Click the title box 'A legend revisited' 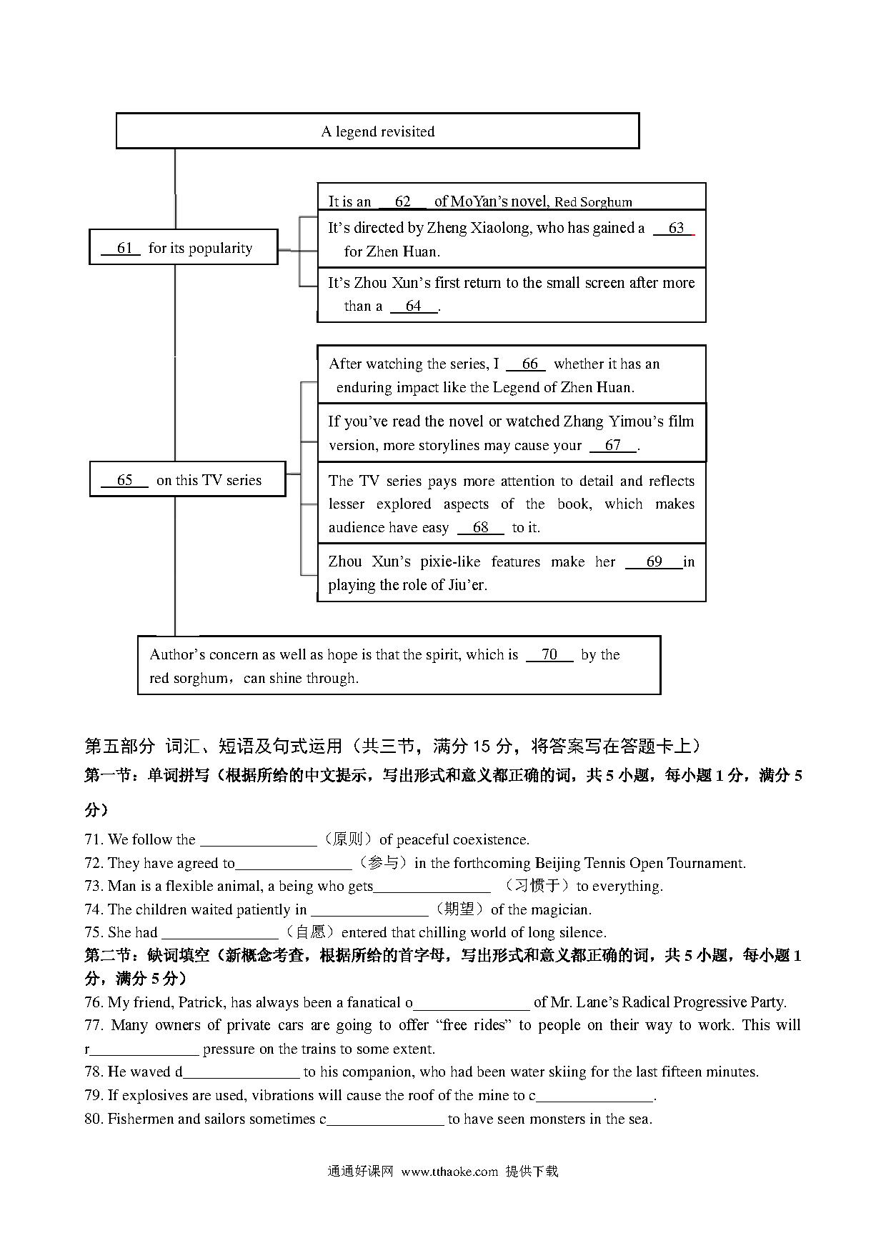pyautogui.click(x=377, y=131)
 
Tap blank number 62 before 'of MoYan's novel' pyautogui.click(x=402, y=201)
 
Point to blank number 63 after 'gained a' pyautogui.click(x=675, y=228)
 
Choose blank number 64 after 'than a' pyautogui.click(x=413, y=306)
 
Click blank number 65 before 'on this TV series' pyautogui.click(x=124, y=480)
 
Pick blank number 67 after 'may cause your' pyautogui.click(x=612, y=445)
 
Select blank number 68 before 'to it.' pyautogui.click(x=480, y=527)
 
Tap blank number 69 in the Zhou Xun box pyautogui.click(x=654, y=561)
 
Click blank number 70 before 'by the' pyautogui.click(x=549, y=654)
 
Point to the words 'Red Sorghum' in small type pyautogui.click(x=593, y=202)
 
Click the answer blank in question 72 pyautogui.click(x=293, y=863)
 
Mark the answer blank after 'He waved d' pyautogui.click(x=241, y=1072)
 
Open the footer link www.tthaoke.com pyautogui.click(x=449, y=1172)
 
